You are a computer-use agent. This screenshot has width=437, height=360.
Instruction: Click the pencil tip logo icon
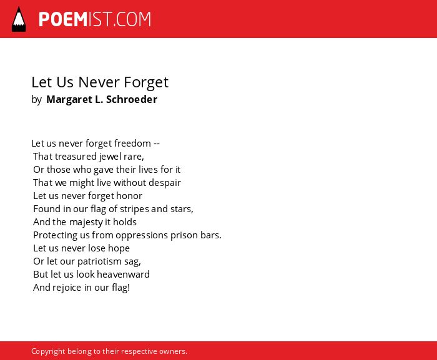coord(19,19)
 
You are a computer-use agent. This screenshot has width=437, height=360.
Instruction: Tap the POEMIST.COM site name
coord(95,19)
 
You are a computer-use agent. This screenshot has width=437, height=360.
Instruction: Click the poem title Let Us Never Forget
coord(100,82)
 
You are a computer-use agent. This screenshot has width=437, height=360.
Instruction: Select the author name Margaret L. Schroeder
coord(102,99)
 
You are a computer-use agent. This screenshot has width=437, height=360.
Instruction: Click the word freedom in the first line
coord(132,144)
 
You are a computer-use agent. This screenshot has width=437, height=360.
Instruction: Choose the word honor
coord(129,196)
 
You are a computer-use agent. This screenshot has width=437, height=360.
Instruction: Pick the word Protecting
coord(55,235)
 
